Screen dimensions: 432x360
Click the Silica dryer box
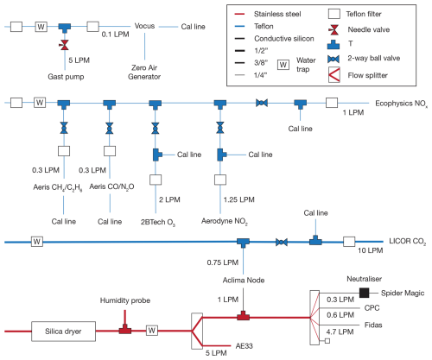tap(63, 332)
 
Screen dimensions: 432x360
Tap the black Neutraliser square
tap(364, 293)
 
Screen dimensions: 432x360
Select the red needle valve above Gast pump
tap(65, 45)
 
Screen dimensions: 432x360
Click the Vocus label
tap(144, 26)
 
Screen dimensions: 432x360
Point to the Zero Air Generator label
tap(144, 72)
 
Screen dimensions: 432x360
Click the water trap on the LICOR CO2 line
tap(37, 242)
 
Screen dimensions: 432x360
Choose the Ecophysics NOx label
tap(401, 104)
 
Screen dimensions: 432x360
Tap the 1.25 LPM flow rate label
tap(239, 199)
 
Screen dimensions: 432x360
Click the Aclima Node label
tap(244, 280)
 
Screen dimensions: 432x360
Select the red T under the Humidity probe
tap(125, 329)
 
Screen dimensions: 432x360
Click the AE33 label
tap(245, 346)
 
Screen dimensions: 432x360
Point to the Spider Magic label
tap(403, 293)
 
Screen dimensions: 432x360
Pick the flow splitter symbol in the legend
tap(334, 75)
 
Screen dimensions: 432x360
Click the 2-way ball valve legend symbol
tap(334, 59)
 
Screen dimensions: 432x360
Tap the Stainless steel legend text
tap(277, 14)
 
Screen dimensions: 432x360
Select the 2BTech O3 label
tap(158, 223)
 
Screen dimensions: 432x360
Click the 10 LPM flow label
tap(371, 250)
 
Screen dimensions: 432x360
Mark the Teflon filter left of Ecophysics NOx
tap(332, 103)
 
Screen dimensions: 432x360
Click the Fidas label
tap(373, 325)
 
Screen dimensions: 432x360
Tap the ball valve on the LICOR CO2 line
tap(282, 242)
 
